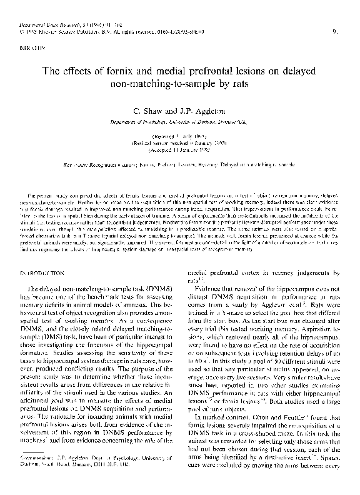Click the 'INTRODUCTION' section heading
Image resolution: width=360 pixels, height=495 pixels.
click(44, 257)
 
